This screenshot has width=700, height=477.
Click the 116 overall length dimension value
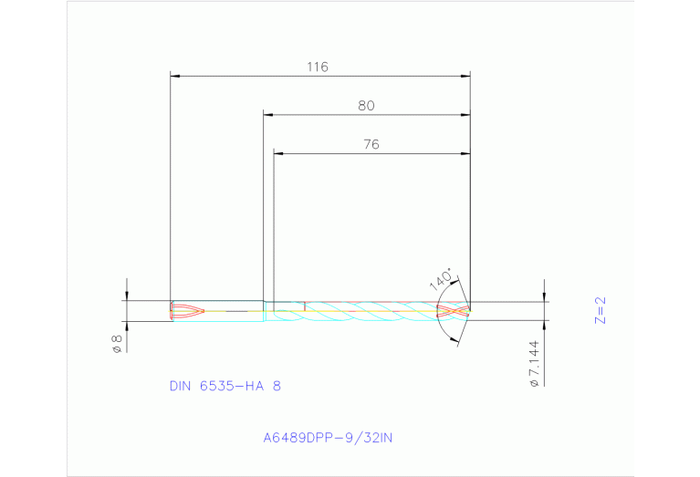317,67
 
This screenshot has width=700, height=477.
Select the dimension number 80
366,106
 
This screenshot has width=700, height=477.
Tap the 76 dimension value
371,144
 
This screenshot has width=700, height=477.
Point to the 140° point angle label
441,277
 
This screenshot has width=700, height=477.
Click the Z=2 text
600,310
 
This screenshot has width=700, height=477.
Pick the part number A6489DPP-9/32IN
328,438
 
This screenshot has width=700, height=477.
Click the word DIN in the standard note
182,386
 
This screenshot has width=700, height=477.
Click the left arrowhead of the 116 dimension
176,76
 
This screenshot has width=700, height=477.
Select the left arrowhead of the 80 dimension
268,115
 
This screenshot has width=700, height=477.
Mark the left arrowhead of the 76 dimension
279,153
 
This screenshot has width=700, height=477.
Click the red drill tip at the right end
455,311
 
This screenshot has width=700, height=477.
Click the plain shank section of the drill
233,311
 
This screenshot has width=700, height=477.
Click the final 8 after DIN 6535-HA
277,386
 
